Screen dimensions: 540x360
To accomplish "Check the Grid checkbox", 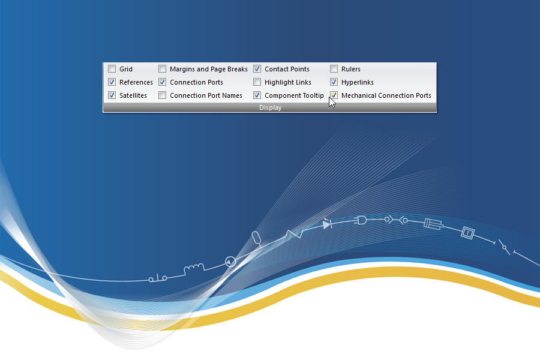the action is coord(112,69).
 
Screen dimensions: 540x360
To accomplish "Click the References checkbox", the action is coord(112,82).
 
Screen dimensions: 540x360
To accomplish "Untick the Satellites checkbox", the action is coord(112,95).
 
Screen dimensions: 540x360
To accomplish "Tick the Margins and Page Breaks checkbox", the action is coord(162,69).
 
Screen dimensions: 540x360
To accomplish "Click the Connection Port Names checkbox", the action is coord(162,95).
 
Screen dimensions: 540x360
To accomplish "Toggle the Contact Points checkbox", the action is coord(257,69).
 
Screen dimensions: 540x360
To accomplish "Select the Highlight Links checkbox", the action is coord(257,82).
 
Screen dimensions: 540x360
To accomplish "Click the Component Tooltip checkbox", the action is coord(257,95).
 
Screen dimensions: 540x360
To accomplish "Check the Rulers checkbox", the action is coord(334,69).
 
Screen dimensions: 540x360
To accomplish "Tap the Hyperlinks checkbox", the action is coord(334,82).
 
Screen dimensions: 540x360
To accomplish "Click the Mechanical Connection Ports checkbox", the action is coord(334,95).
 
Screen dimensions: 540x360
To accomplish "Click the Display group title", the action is coord(271,107).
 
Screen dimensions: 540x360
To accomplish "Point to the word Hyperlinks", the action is coord(358,82).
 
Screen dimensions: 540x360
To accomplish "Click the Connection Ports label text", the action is coord(196,82).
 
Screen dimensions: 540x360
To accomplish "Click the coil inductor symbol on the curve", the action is coord(194,268).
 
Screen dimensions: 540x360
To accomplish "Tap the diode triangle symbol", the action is coord(326,224).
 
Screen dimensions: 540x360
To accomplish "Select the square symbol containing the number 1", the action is coord(467,233).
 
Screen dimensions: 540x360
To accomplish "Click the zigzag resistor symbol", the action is coord(294,234).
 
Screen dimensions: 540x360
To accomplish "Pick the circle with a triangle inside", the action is coord(230,262).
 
